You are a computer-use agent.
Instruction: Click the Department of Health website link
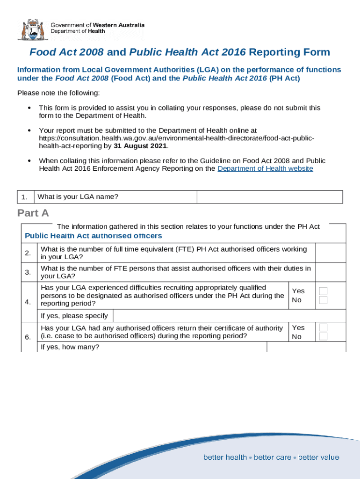tap(265, 168)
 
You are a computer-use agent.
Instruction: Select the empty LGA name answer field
tap(270, 197)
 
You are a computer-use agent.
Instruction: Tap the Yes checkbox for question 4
tap(323, 291)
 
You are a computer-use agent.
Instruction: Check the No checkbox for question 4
tap(323, 300)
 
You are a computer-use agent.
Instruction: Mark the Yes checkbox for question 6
tap(323, 327)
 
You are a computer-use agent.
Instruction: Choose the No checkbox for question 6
tap(323, 336)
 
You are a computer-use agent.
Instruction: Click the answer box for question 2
tap(331, 253)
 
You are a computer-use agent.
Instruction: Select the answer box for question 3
tap(331, 272)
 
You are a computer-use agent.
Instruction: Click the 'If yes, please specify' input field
tap(229, 316)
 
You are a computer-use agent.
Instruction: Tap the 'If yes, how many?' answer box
tap(306, 347)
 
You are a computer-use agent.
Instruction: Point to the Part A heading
tap(33, 213)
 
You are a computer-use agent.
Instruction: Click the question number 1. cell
tap(25, 197)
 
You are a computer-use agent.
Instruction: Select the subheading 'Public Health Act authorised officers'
tap(93, 236)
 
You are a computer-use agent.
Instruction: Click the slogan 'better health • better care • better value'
tap(271, 457)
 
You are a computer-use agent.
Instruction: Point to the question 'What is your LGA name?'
tap(78, 197)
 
